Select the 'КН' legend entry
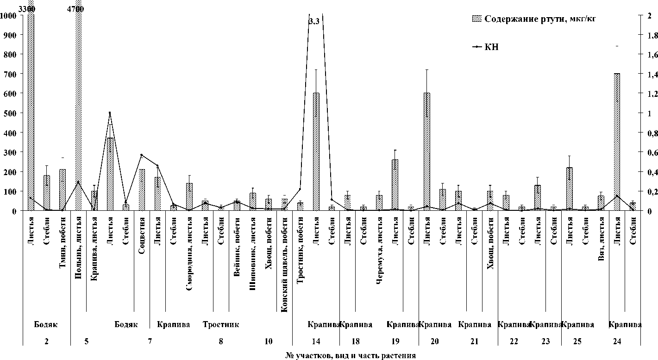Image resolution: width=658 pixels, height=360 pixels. pyautogui.click(x=492, y=47)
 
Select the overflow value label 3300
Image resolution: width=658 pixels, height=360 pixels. pyautogui.click(x=26, y=8)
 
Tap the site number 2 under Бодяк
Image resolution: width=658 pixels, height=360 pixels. pyautogui.click(x=46, y=341)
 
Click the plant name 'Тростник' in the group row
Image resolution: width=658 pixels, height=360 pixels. pyautogui.click(x=221, y=324)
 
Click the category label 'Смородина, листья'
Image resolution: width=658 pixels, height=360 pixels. pyautogui.click(x=189, y=250)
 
